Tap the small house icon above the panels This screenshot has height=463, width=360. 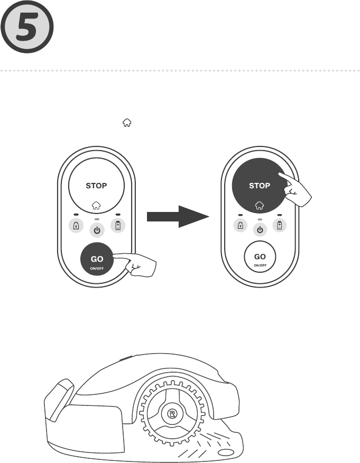(x=126, y=122)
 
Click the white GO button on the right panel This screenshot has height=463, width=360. (x=260, y=259)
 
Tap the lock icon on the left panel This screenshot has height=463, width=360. (x=77, y=226)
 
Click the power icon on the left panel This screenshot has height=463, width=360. (x=96, y=230)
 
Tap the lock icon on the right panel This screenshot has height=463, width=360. (x=241, y=226)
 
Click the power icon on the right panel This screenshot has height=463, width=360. (x=260, y=230)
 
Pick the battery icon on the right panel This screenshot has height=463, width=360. (x=280, y=226)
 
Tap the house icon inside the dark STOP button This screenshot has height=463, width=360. (x=260, y=205)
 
